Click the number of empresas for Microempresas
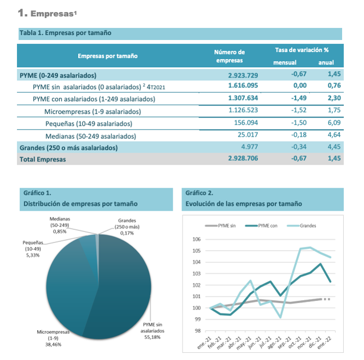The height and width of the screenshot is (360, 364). [243, 110]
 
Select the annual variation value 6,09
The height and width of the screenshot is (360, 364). [334, 123]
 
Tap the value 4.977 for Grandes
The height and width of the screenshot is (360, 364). [249, 147]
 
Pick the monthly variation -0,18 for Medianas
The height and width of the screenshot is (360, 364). [299, 135]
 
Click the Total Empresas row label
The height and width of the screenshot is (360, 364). [43, 159]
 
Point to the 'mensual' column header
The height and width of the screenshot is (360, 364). [285, 62]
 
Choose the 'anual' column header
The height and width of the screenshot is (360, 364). [326, 62]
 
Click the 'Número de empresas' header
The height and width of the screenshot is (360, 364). [230, 56]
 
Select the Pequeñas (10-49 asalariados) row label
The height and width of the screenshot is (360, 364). [89, 124]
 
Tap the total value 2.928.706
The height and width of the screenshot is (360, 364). [243, 158]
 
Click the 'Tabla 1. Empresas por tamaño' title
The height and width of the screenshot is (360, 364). [65, 33]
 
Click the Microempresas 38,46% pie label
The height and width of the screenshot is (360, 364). [53, 338]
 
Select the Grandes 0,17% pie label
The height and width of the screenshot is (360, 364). [127, 227]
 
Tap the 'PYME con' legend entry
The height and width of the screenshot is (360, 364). [261, 225]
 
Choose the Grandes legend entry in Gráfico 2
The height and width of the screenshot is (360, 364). [301, 225]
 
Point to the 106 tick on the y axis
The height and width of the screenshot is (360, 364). [196, 240]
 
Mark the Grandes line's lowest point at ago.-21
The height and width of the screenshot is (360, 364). [281, 317]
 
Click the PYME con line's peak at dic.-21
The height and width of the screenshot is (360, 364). [320, 264]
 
